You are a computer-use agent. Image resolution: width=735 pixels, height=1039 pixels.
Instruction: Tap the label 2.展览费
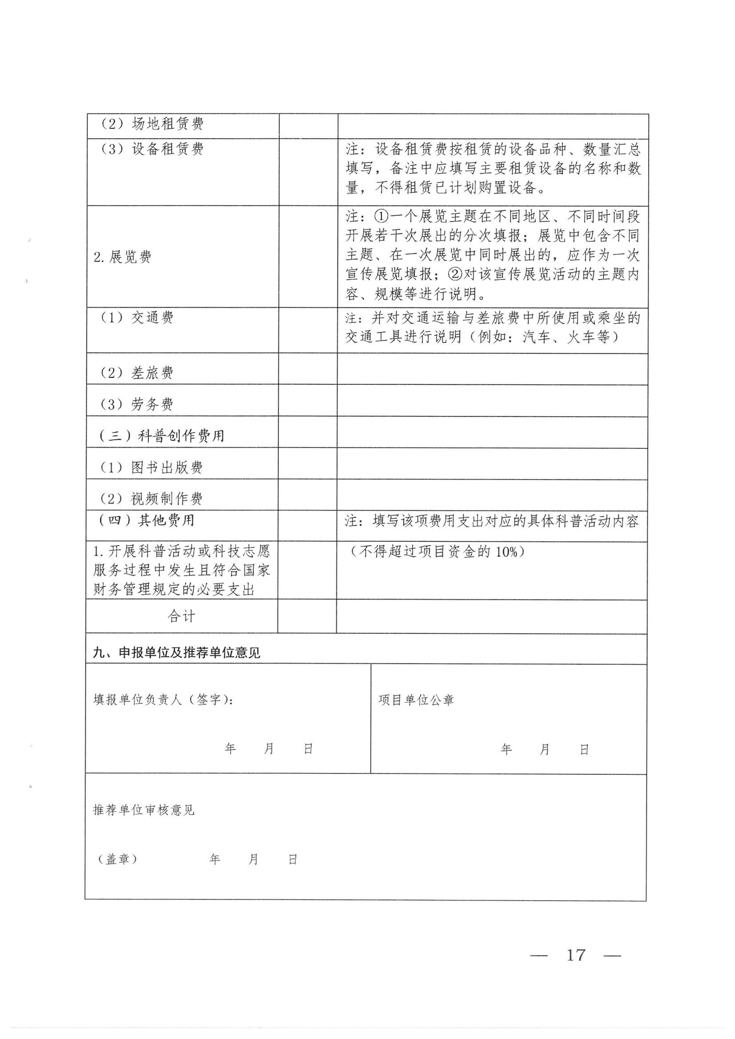[123, 258]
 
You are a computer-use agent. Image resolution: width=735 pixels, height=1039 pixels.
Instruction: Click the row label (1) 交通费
[136, 318]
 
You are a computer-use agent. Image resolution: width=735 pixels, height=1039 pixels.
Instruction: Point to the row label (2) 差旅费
[136, 373]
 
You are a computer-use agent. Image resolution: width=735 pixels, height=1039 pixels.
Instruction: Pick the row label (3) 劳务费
[136, 404]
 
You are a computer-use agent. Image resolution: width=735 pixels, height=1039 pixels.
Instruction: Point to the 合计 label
[181, 616]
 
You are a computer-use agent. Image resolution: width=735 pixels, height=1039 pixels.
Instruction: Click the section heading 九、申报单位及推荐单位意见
[177, 652]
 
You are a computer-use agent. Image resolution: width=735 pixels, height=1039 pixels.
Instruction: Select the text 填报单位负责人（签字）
[163, 700]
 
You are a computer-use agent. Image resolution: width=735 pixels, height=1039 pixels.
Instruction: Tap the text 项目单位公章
[416, 700]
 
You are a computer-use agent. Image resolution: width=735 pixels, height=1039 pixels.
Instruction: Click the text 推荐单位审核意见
[144, 810]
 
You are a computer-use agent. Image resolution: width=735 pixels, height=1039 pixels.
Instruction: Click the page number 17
[576, 955]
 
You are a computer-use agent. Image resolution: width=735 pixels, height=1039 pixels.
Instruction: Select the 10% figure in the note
[506, 552]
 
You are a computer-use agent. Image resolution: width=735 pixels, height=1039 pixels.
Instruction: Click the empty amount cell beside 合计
[307, 616]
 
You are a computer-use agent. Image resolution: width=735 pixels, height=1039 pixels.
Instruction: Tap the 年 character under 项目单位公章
[506, 749]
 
